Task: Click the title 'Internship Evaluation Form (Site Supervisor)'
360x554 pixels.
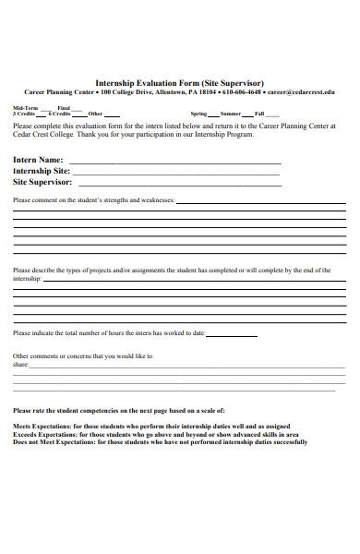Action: coord(179,82)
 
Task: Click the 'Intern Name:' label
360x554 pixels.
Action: coord(38,159)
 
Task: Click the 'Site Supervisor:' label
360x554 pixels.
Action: coord(42,182)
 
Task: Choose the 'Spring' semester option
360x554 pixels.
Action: coord(198,114)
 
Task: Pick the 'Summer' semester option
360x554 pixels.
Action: coord(229,114)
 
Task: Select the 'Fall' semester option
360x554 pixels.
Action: coord(259,114)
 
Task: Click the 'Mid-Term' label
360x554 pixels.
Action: coord(25,108)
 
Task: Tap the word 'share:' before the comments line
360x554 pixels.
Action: coord(20,365)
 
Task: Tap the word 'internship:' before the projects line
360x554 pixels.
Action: coord(27,278)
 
